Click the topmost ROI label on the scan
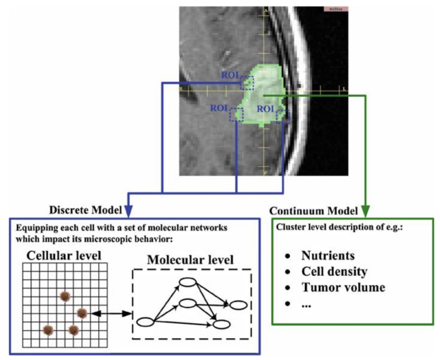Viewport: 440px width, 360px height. pos(231,74)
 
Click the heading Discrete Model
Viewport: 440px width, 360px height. pos(86,211)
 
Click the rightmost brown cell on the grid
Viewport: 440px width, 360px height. pos(82,313)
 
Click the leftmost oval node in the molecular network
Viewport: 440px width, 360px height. pos(145,323)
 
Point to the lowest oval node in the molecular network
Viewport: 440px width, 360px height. pos(221,325)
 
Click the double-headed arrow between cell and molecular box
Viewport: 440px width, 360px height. pos(112,313)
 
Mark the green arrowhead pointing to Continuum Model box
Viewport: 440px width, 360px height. pos(366,211)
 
